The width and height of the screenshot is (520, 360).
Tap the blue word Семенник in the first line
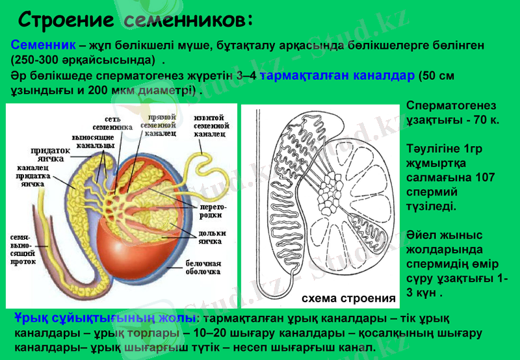pos(43,46)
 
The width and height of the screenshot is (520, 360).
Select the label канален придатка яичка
pos(30,175)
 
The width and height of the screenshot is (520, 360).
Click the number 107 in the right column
pos(485,177)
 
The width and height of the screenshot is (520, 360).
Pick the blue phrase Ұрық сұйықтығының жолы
pos(104,318)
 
